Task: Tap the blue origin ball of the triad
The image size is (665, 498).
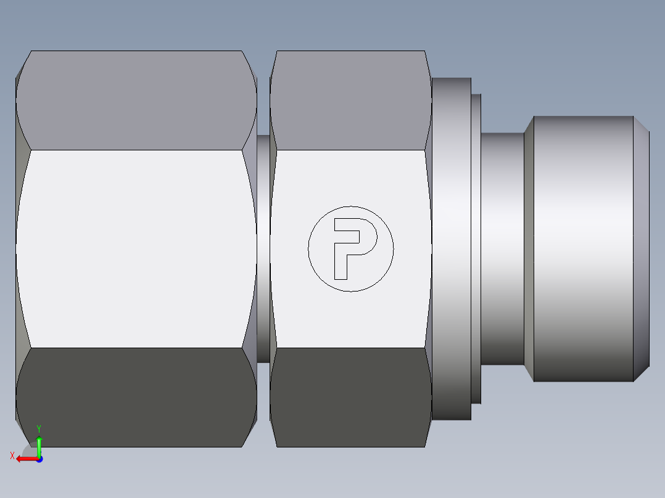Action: click(x=39, y=459)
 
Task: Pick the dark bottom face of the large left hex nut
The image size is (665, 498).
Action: click(x=136, y=398)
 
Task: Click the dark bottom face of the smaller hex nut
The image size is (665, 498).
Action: click(x=350, y=398)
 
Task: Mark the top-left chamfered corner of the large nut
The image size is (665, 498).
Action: click(x=23, y=65)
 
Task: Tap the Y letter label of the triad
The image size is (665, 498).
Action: click(x=38, y=428)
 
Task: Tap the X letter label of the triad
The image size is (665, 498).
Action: click(x=12, y=455)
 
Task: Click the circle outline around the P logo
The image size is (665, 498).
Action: click(x=308, y=248)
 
